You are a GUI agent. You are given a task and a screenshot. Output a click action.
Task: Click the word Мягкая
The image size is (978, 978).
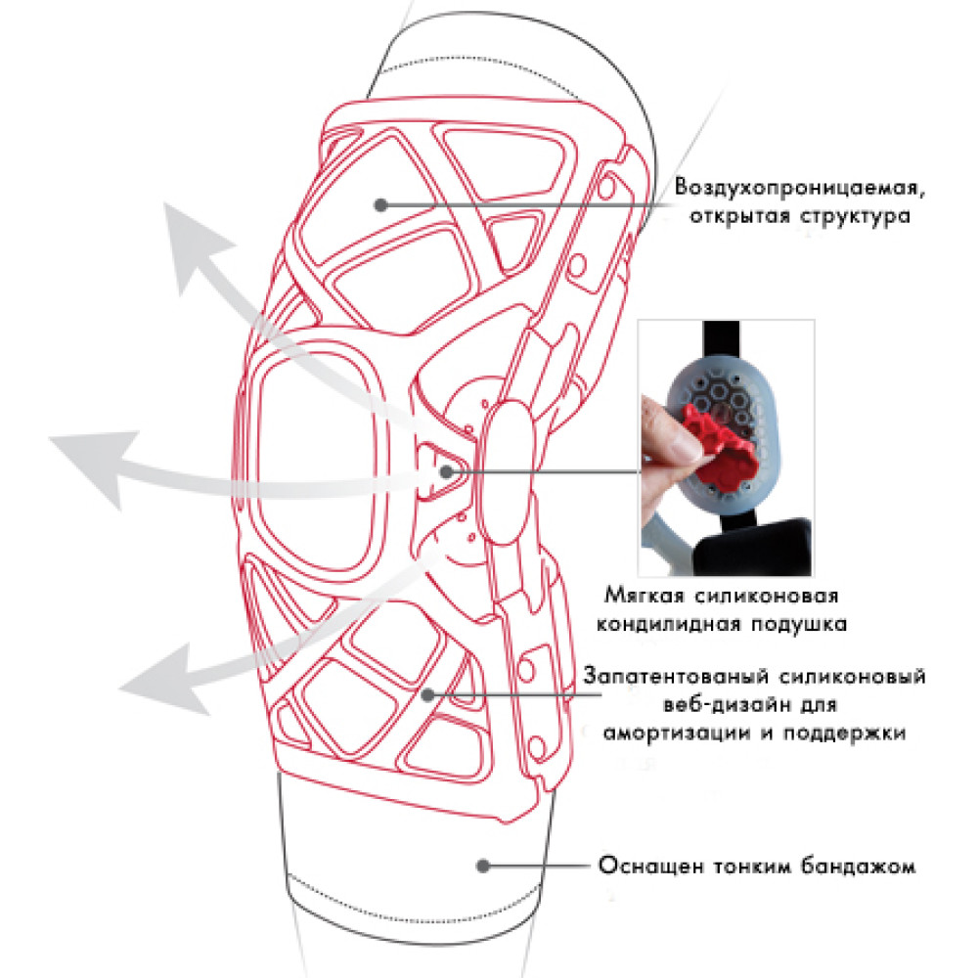click(645, 596)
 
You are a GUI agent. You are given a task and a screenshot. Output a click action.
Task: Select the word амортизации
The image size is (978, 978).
click(677, 733)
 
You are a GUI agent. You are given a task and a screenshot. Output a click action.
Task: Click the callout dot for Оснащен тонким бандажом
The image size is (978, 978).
click(483, 866)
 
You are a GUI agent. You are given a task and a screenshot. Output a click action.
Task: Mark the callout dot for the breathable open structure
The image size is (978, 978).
click(381, 204)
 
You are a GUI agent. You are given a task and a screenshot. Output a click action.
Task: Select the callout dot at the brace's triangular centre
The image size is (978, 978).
click(446, 472)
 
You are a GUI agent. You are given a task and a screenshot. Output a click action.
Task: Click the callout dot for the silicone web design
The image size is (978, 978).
click(428, 694)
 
